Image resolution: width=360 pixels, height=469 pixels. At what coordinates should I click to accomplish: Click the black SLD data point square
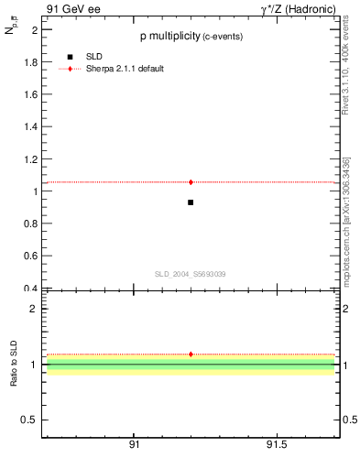click(x=191, y=202)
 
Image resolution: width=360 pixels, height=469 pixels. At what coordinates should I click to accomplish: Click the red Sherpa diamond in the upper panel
click(x=191, y=182)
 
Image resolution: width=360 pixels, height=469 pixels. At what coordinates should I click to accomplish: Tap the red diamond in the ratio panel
click(x=191, y=354)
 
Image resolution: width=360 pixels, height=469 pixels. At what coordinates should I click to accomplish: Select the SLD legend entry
click(x=93, y=57)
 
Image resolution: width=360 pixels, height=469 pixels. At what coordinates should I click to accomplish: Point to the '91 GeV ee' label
click(x=71, y=9)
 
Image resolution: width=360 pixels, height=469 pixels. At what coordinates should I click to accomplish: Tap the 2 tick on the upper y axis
click(x=34, y=30)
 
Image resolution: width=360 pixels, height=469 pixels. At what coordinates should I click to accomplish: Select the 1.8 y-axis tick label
click(x=29, y=62)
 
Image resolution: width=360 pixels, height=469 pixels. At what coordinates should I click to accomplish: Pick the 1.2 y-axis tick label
click(x=29, y=159)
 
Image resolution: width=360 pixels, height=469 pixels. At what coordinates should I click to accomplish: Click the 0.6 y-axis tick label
click(x=29, y=256)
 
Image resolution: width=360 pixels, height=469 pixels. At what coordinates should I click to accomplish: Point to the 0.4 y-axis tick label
click(x=29, y=289)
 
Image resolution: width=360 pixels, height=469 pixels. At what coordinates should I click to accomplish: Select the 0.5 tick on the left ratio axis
click(x=29, y=420)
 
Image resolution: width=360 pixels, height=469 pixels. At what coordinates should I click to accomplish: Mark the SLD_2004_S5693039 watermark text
click(x=191, y=274)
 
